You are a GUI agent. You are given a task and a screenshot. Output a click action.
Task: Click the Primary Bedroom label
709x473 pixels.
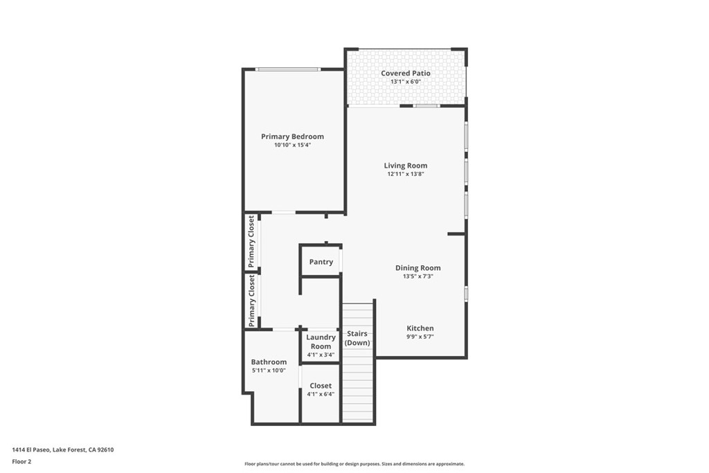(293, 136)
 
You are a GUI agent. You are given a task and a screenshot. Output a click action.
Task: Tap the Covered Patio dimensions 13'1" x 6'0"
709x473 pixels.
(406, 82)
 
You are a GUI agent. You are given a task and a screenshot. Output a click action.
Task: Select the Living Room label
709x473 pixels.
(406, 166)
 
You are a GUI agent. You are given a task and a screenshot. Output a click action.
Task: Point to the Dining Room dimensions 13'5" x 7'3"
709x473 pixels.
(418, 276)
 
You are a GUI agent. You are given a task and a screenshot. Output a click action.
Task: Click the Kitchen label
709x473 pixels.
(420, 328)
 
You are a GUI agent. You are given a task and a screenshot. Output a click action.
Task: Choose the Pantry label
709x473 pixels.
(321, 262)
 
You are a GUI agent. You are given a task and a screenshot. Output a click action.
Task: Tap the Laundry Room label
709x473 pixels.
(321, 342)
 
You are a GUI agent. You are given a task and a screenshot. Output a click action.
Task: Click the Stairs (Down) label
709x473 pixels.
(357, 338)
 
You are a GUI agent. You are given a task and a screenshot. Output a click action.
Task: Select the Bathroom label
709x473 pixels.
(269, 362)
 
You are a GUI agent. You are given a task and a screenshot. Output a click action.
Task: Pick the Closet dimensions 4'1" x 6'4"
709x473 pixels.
(321, 394)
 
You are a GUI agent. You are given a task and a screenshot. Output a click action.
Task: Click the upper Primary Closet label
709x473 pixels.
(251, 242)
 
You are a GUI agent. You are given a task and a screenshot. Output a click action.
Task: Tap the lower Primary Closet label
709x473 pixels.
(251, 301)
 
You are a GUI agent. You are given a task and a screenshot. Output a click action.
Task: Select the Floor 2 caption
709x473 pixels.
(21, 462)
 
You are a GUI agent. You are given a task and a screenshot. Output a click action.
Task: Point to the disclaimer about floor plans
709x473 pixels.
(354, 464)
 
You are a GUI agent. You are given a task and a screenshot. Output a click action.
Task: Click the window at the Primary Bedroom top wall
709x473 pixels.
(288, 69)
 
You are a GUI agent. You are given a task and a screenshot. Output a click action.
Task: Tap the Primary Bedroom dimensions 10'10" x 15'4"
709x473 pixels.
(293, 145)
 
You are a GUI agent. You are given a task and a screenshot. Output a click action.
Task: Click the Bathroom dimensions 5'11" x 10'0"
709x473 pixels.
(269, 371)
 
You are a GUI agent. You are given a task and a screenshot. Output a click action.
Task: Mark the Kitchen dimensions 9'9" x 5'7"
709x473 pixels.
(420, 337)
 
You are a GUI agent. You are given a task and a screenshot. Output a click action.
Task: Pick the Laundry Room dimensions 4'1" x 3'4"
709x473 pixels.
(321, 355)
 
